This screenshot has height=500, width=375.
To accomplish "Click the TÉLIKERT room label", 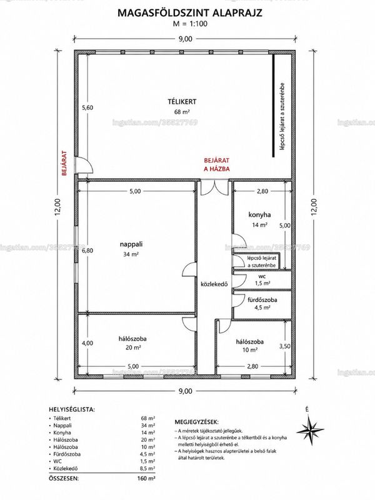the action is click(x=182, y=102).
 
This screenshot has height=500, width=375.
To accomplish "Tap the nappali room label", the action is click(x=131, y=244).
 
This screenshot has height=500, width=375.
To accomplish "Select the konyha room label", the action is click(x=259, y=214).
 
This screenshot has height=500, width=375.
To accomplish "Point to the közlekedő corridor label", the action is click(x=214, y=284).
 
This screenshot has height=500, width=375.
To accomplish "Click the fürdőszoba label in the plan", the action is click(x=262, y=300).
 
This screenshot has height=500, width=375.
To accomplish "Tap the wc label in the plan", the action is click(x=262, y=276).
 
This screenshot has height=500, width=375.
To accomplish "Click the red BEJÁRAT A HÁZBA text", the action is click(x=216, y=165).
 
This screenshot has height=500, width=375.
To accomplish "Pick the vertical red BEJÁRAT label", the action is click(x=64, y=163).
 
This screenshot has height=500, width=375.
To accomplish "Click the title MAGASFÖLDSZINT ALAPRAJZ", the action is click(x=190, y=12).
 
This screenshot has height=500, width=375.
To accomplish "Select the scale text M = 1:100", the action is click(x=190, y=23).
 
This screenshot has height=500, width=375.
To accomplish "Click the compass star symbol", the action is click(x=310, y=431).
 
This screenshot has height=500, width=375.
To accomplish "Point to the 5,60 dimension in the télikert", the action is click(x=87, y=107).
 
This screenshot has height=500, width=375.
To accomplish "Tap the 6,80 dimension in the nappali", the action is click(x=87, y=251).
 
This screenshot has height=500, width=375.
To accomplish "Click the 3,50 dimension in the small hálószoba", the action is click(x=285, y=346).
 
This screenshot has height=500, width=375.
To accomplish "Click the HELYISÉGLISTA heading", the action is click(x=72, y=409).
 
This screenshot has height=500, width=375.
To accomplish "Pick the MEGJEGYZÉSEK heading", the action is click(x=196, y=422).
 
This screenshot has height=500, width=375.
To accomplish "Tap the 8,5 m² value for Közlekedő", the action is click(x=147, y=468).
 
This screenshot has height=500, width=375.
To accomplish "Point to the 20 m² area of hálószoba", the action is click(x=133, y=347).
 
